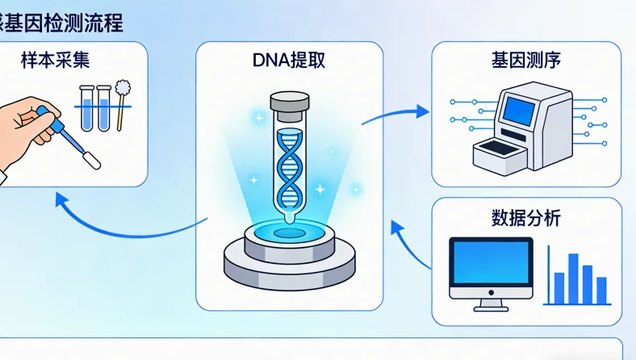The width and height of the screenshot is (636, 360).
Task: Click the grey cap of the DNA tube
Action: click(x=289, y=104)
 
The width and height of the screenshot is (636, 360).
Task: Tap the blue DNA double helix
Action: click(x=289, y=165)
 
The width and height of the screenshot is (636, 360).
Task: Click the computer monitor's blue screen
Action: click(x=491, y=266)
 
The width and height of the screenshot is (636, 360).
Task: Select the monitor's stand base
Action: click(x=491, y=307)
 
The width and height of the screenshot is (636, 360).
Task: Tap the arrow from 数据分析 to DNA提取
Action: click(x=408, y=242)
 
